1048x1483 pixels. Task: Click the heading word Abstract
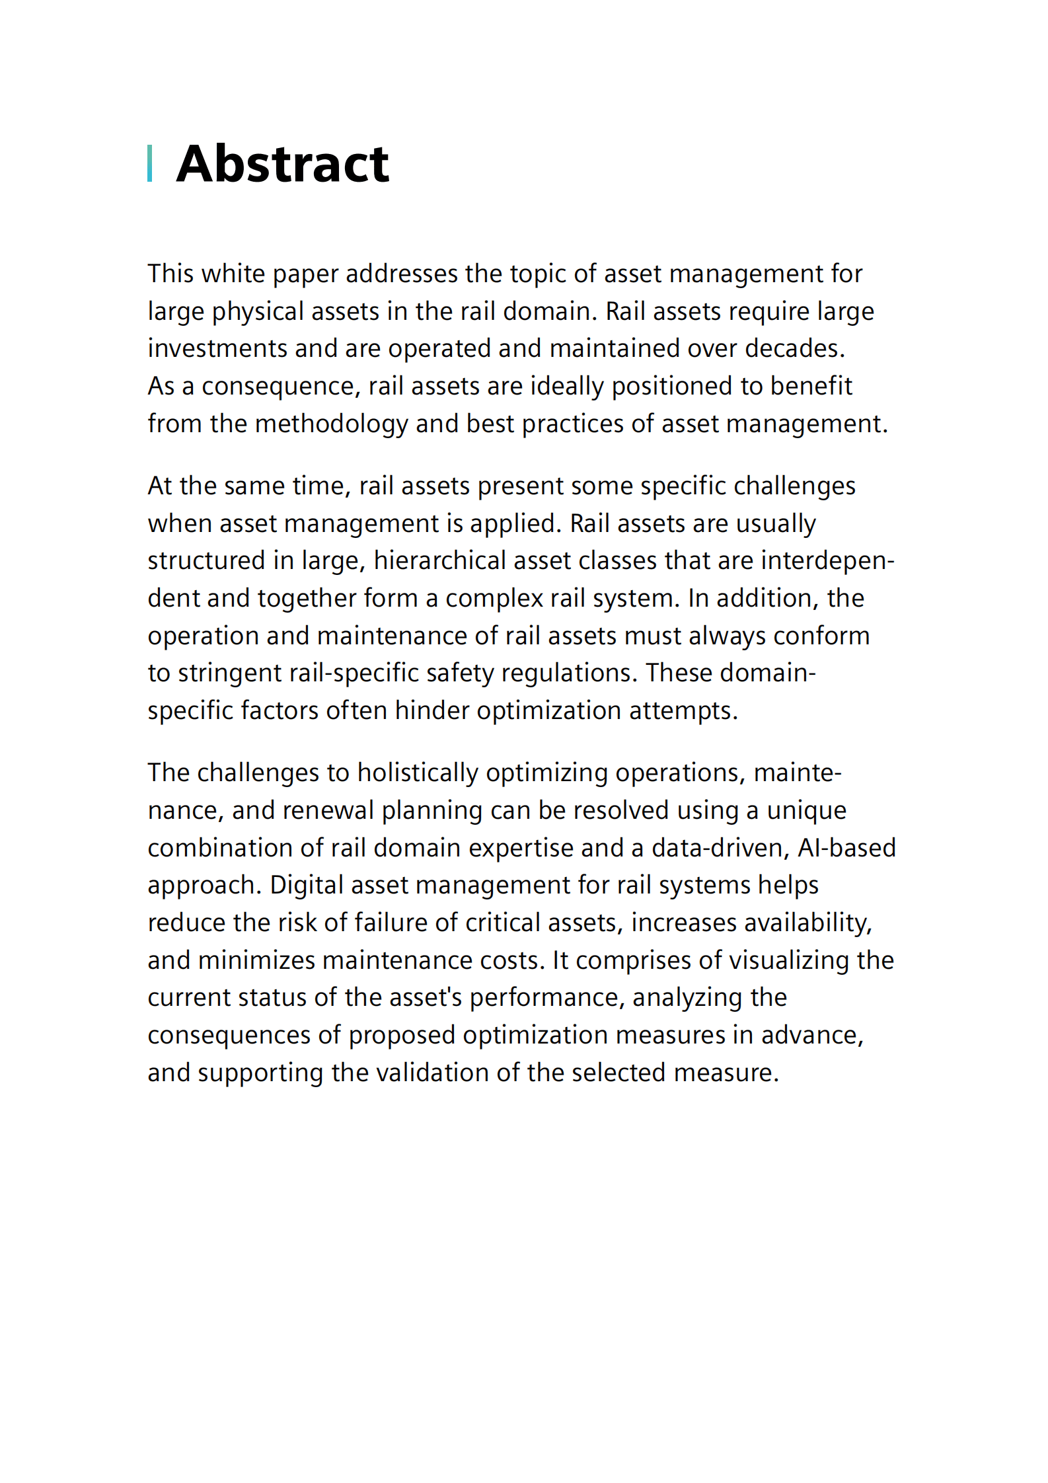[x=283, y=164]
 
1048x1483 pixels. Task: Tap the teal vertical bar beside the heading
[x=150, y=163]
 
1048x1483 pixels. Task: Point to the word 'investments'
[x=217, y=349]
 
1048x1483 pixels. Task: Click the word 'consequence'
[x=281, y=387]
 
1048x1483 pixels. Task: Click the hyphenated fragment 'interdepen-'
[x=827, y=560]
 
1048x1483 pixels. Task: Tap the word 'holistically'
[x=418, y=773]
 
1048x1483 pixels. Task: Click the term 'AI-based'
[x=846, y=848]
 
